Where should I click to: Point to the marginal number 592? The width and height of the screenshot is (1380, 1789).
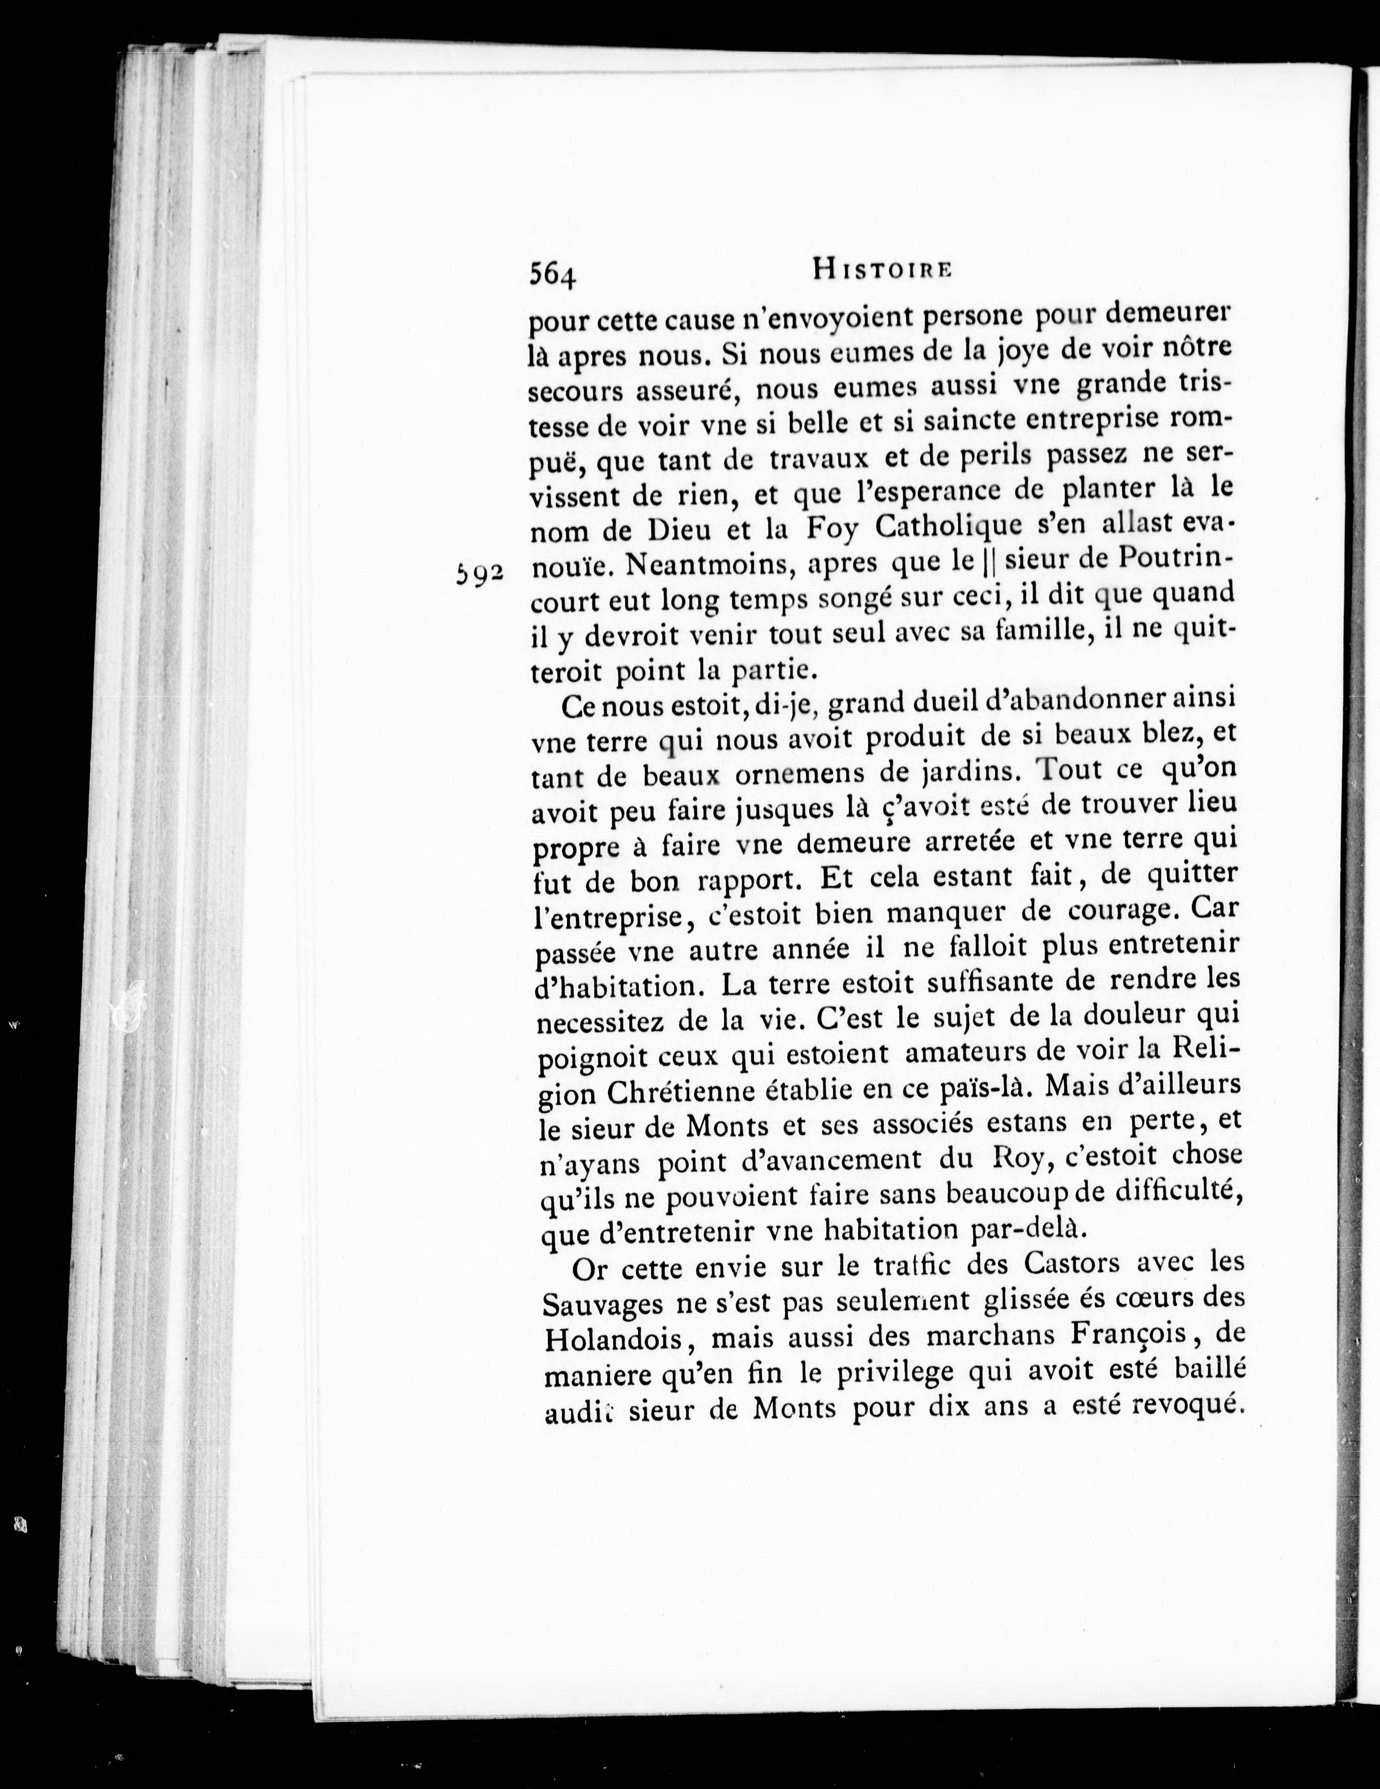(x=479, y=573)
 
